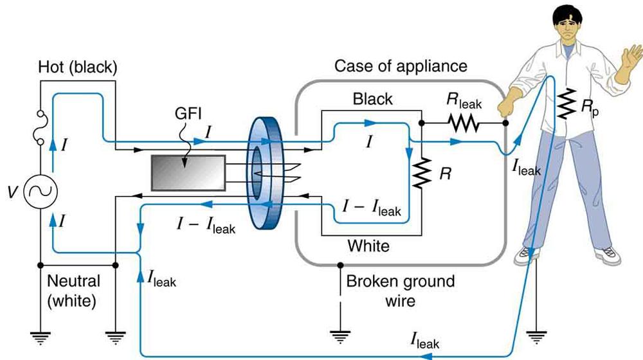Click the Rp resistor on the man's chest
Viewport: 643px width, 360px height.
[566, 104]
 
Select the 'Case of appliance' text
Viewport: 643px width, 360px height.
[401, 66]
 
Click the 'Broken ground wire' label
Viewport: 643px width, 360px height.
[400, 291]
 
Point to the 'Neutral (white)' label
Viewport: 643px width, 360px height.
[73, 290]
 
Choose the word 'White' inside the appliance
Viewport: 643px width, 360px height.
[368, 245]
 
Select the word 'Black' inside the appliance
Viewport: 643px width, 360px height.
[372, 100]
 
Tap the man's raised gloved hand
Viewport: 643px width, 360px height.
[626, 67]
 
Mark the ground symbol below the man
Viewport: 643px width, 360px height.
[536, 335]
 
